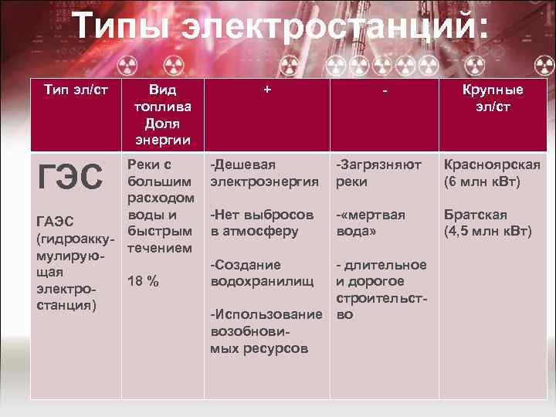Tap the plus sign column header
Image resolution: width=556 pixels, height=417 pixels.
(266, 90)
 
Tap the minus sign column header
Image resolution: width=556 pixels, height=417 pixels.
(384, 90)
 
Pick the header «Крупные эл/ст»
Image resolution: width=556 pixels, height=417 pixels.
(493, 98)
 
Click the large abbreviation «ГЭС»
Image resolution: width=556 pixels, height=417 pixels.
(70, 178)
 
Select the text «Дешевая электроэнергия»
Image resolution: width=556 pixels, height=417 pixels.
(264, 173)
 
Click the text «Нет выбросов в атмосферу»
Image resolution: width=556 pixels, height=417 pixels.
(262, 222)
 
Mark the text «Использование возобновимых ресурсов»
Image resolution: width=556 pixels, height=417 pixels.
(266, 331)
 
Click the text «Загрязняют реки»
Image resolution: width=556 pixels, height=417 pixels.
(378, 173)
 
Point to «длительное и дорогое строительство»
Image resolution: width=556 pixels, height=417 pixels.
(380, 290)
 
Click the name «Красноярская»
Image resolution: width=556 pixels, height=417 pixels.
(491, 164)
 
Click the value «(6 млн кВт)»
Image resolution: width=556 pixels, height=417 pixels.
(482, 182)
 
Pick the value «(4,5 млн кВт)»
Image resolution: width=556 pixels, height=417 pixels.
(486, 231)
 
